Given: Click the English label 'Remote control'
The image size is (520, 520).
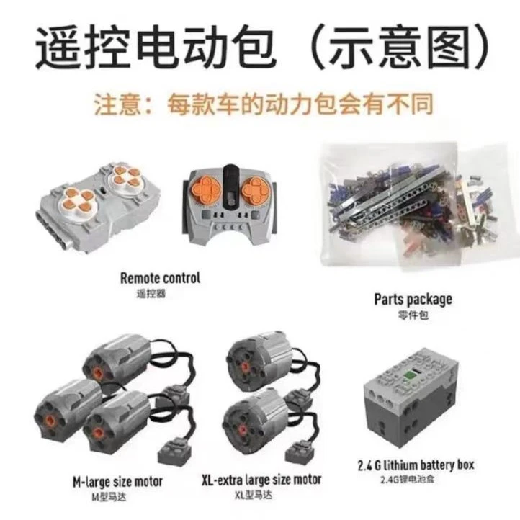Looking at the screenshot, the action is pos(160,278).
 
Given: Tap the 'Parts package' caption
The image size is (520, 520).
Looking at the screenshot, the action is pos(413,300).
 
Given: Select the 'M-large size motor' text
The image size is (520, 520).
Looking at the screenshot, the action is pos(117,482).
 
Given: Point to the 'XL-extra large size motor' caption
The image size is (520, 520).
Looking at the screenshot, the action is pos(261,480).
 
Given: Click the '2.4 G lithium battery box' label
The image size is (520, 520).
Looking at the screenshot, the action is pos(416,465).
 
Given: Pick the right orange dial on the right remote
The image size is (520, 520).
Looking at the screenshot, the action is pos(256,190).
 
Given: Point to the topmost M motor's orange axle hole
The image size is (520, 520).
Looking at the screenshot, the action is pos(98,373).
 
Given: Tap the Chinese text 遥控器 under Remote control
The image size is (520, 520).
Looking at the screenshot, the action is pos(151,294).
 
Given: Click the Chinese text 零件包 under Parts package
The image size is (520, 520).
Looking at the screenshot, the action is pos(413,315).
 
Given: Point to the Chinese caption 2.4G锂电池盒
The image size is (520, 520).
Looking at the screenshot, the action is pos(407,479).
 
